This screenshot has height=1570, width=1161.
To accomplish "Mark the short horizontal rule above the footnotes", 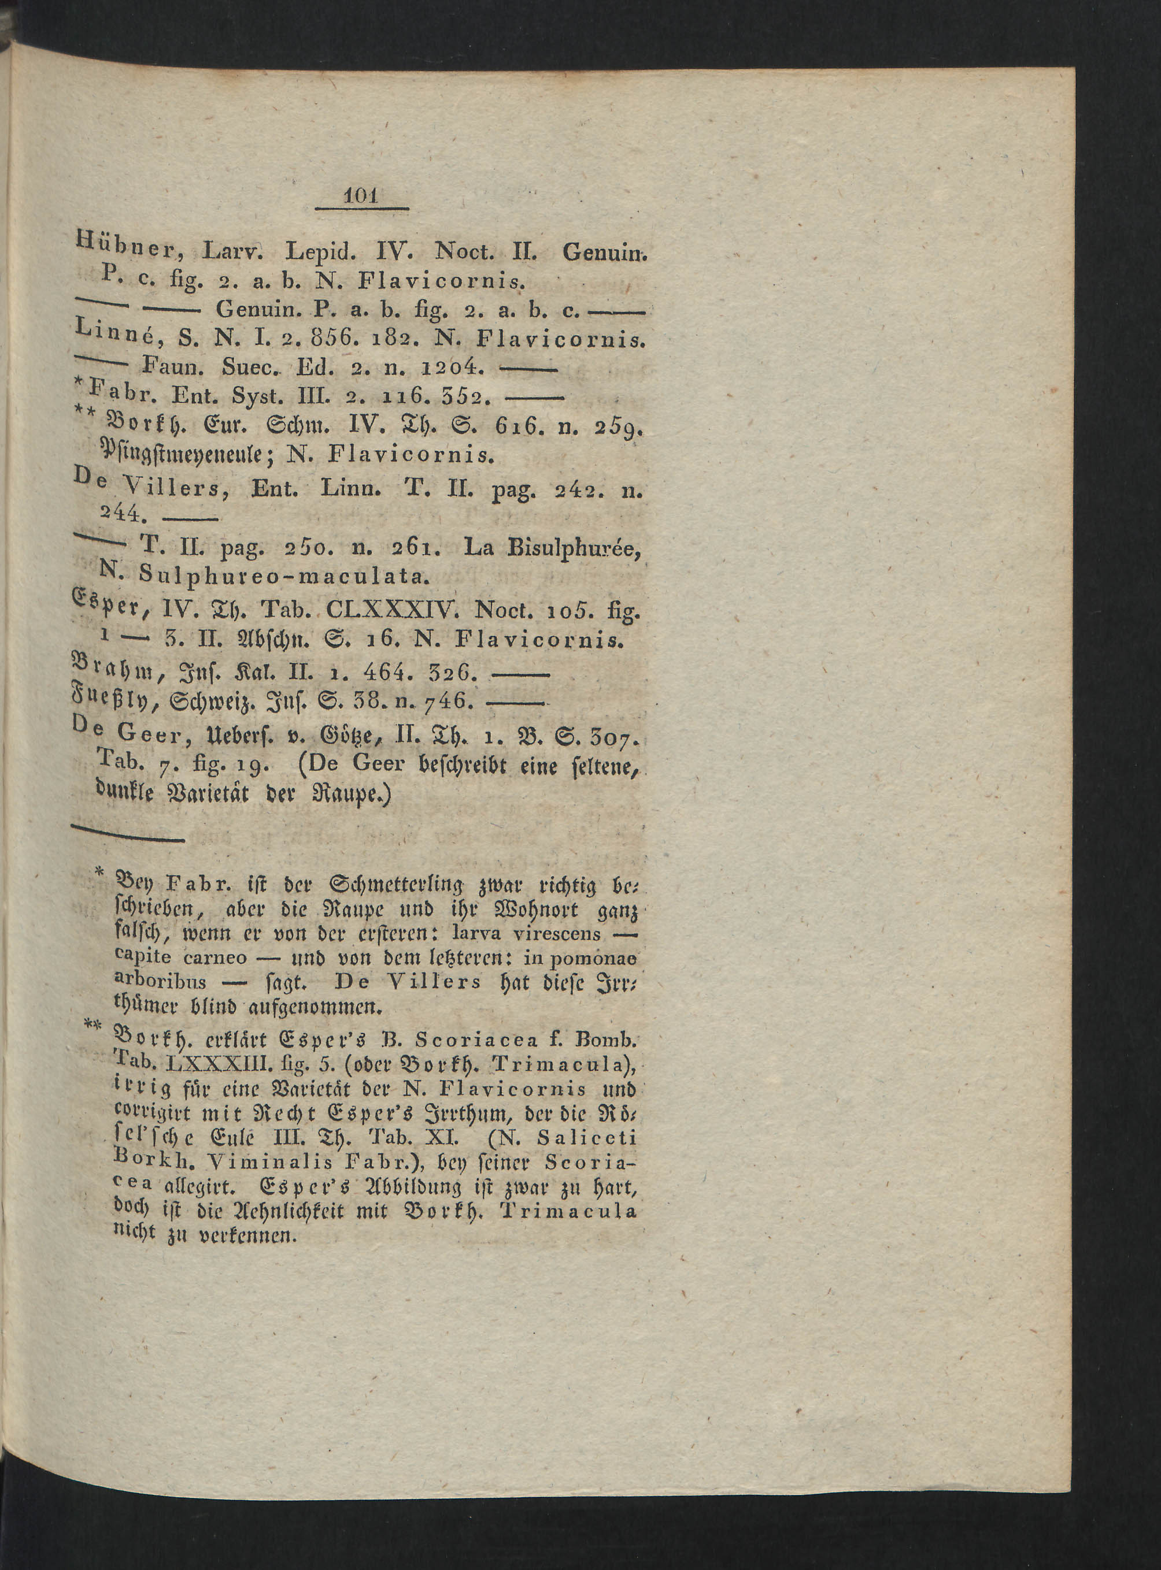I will coord(128,836).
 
